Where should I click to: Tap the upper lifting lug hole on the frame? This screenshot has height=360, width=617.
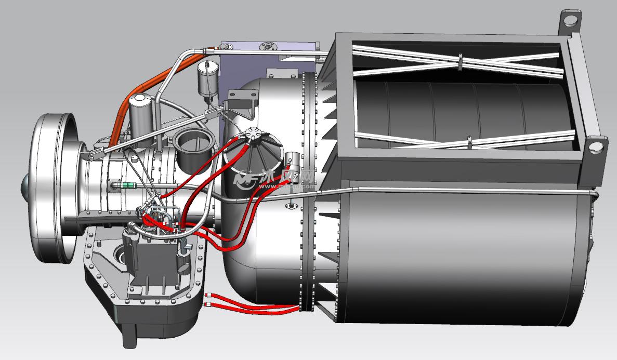[571, 21]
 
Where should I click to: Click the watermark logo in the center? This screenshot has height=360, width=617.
[275, 179]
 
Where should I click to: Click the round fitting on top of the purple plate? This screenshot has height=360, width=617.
[269, 46]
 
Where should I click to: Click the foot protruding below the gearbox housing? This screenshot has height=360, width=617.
[130, 332]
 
